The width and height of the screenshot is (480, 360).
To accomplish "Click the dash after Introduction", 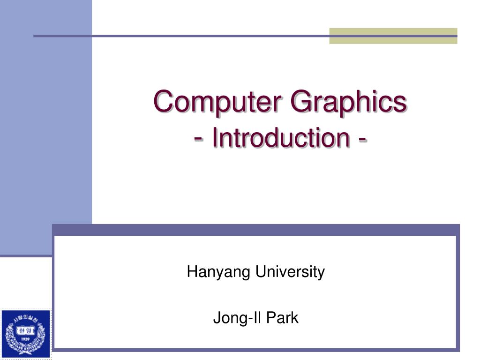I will pyautogui.click(x=362, y=138).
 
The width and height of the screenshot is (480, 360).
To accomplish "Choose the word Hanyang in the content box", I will pyautogui.click(x=213, y=272).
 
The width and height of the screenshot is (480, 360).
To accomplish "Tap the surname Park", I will pyautogui.click(x=283, y=318).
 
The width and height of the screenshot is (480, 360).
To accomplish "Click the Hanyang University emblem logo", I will pyautogui.click(x=26, y=334).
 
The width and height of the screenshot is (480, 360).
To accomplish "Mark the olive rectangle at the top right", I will pyautogui.click(x=393, y=36).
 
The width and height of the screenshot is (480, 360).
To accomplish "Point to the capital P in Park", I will pyautogui.click(x=271, y=318).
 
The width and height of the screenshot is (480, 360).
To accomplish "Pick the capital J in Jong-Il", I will pyautogui.click(x=217, y=318).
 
